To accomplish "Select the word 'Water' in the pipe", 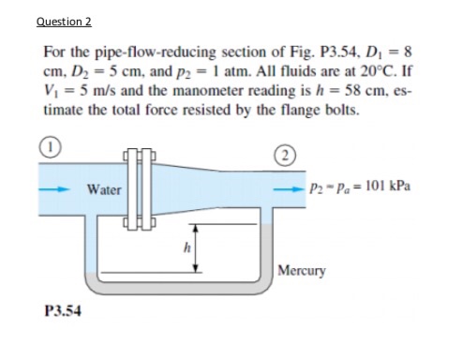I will click(104, 188).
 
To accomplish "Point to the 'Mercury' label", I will click(303, 272).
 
